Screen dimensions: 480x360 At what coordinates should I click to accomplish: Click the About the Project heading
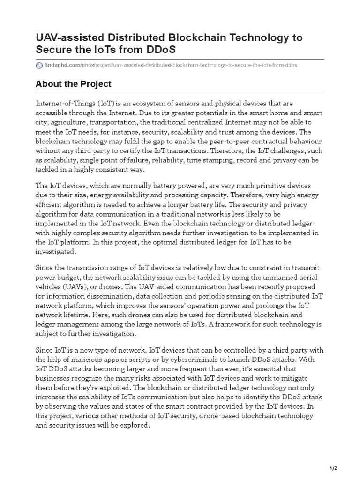pyautogui.click(x=73, y=84)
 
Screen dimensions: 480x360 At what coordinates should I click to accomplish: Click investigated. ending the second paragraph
pyautogui.click(x=55, y=252)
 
